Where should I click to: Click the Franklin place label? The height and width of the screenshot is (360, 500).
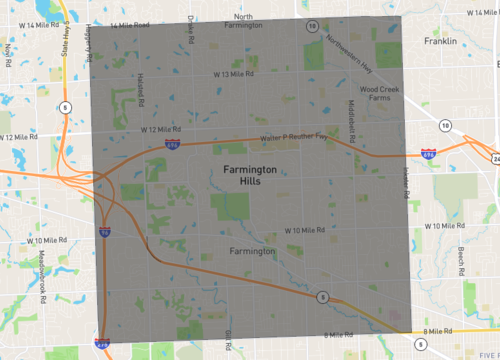coord(439,42)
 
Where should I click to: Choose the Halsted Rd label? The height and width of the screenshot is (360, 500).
coord(141,93)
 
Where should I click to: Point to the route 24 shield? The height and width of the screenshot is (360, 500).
coord(495,158)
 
